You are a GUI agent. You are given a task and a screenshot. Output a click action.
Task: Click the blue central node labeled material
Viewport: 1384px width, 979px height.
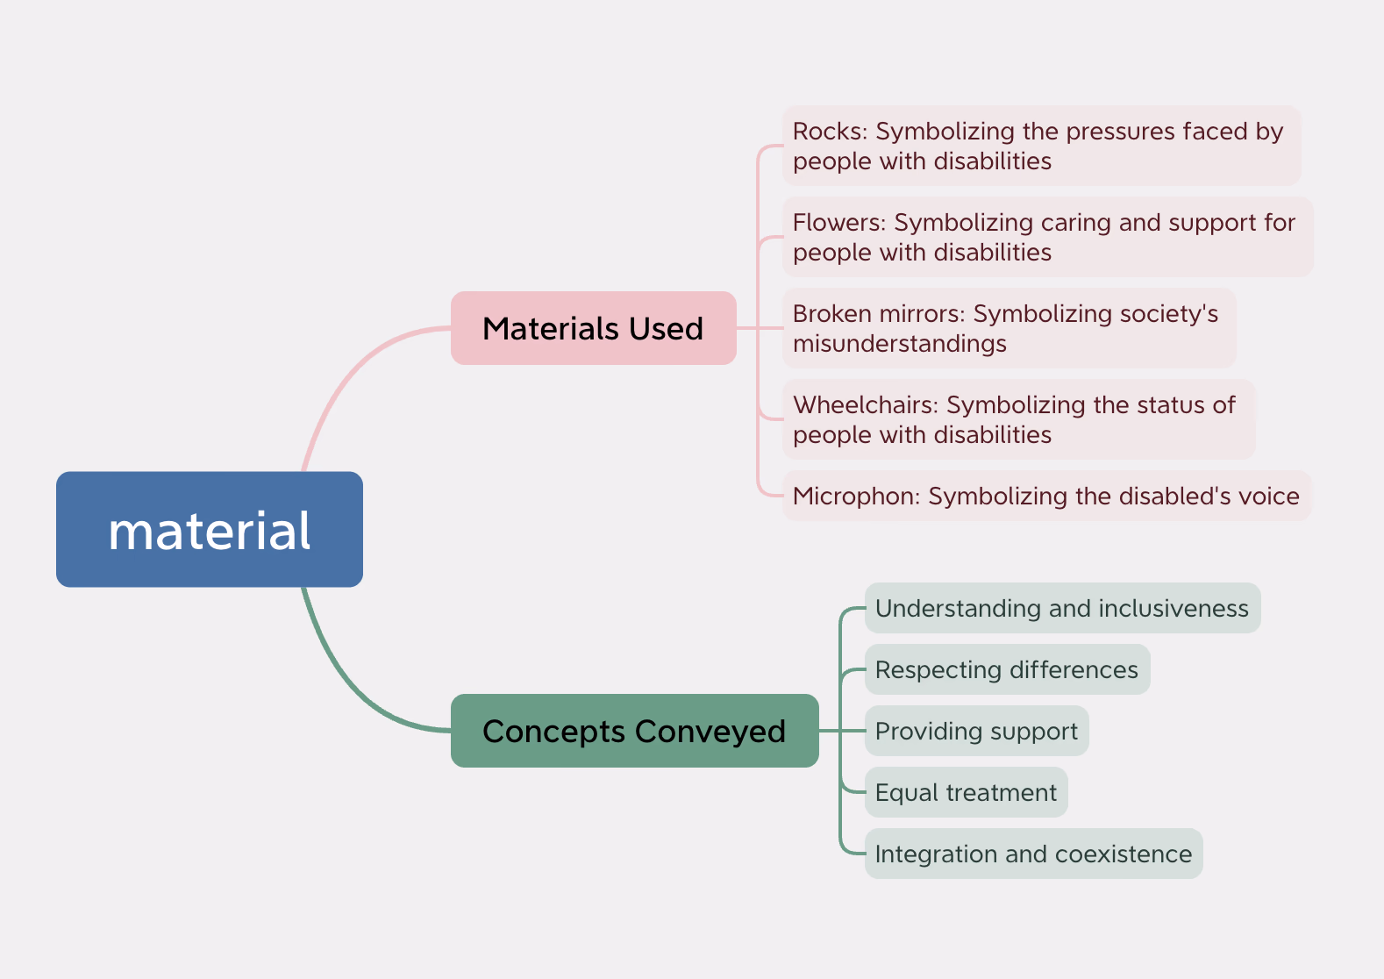(x=210, y=529)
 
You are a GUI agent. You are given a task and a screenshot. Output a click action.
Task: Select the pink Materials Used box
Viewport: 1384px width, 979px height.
(x=593, y=328)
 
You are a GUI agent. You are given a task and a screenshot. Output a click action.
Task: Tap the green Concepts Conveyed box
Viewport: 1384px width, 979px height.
(x=634, y=731)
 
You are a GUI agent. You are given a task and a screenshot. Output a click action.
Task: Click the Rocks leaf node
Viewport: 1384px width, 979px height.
(x=1040, y=146)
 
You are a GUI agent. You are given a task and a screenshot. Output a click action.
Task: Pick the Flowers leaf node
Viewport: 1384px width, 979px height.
(x=1046, y=237)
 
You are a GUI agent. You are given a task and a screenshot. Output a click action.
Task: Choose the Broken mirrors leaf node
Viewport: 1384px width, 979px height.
(x=1009, y=328)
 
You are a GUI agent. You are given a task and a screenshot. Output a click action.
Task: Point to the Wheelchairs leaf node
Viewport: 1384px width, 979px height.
(x=1017, y=419)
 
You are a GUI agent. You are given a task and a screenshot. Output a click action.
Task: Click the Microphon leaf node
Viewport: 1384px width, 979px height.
(x=1045, y=496)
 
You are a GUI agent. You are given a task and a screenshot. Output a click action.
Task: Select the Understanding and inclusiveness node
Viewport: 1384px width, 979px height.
(x=1061, y=608)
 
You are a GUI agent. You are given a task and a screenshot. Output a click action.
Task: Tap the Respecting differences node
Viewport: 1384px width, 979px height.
(x=1006, y=669)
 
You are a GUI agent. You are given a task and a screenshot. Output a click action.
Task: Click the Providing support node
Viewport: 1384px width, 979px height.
(x=976, y=731)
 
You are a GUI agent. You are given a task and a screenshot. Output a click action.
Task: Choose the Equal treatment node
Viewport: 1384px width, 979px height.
(x=966, y=792)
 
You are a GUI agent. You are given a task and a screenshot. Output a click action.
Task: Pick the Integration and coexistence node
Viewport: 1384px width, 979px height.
(x=1033, y=854)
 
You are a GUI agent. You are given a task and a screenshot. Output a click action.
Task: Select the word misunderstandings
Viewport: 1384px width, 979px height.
(x=899, y=344)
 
